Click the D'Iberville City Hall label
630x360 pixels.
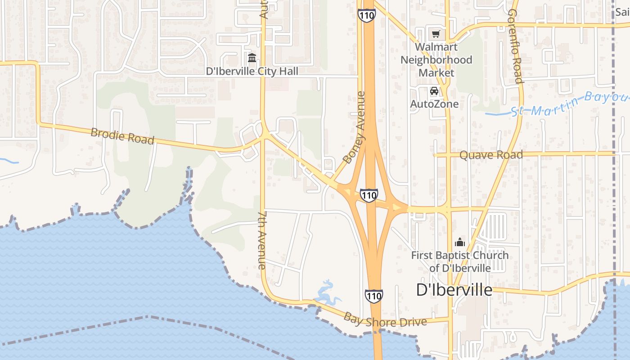[252, 71]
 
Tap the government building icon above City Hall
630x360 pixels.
[252, 58]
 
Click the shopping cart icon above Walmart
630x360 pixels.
[436, 34]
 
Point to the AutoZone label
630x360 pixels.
[434, 104]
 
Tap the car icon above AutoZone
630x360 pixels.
[434, 91]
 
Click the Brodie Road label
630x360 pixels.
[122, 135]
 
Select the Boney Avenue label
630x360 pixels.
[354, 128]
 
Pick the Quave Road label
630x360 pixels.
[491, 155]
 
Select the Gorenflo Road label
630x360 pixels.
[514, 46]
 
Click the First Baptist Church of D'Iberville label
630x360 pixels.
[460, 261]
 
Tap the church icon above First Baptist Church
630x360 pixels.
[460, 242]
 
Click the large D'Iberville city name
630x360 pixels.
[454, 290]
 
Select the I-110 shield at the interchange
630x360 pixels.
[369, 195]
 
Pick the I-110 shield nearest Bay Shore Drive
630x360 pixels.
[374, 296]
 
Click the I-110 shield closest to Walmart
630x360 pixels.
[367, 14]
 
